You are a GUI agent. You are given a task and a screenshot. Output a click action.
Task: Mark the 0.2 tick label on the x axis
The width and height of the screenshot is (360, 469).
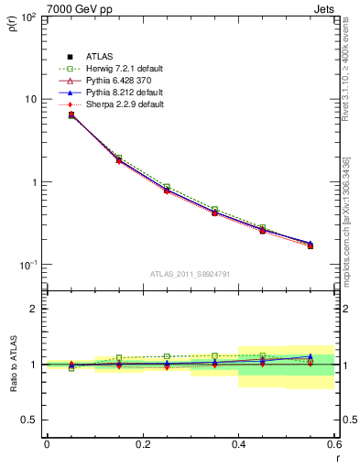pos(142,444)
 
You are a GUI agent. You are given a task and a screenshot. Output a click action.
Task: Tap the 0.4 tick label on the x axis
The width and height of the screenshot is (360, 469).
pos(238,444)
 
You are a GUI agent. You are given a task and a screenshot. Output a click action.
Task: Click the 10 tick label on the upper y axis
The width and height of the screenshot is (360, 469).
pos(30,99)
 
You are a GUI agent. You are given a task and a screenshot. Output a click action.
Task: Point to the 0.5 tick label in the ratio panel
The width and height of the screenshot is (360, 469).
pos(28,420)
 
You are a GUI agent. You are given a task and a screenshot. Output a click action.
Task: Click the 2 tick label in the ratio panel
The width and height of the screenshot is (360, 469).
pos(32,309)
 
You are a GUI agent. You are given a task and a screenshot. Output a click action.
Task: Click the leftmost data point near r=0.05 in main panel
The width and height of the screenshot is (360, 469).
pos(71,115)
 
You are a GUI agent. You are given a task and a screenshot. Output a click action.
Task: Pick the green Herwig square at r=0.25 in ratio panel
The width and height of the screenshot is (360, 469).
pos(167,356)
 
